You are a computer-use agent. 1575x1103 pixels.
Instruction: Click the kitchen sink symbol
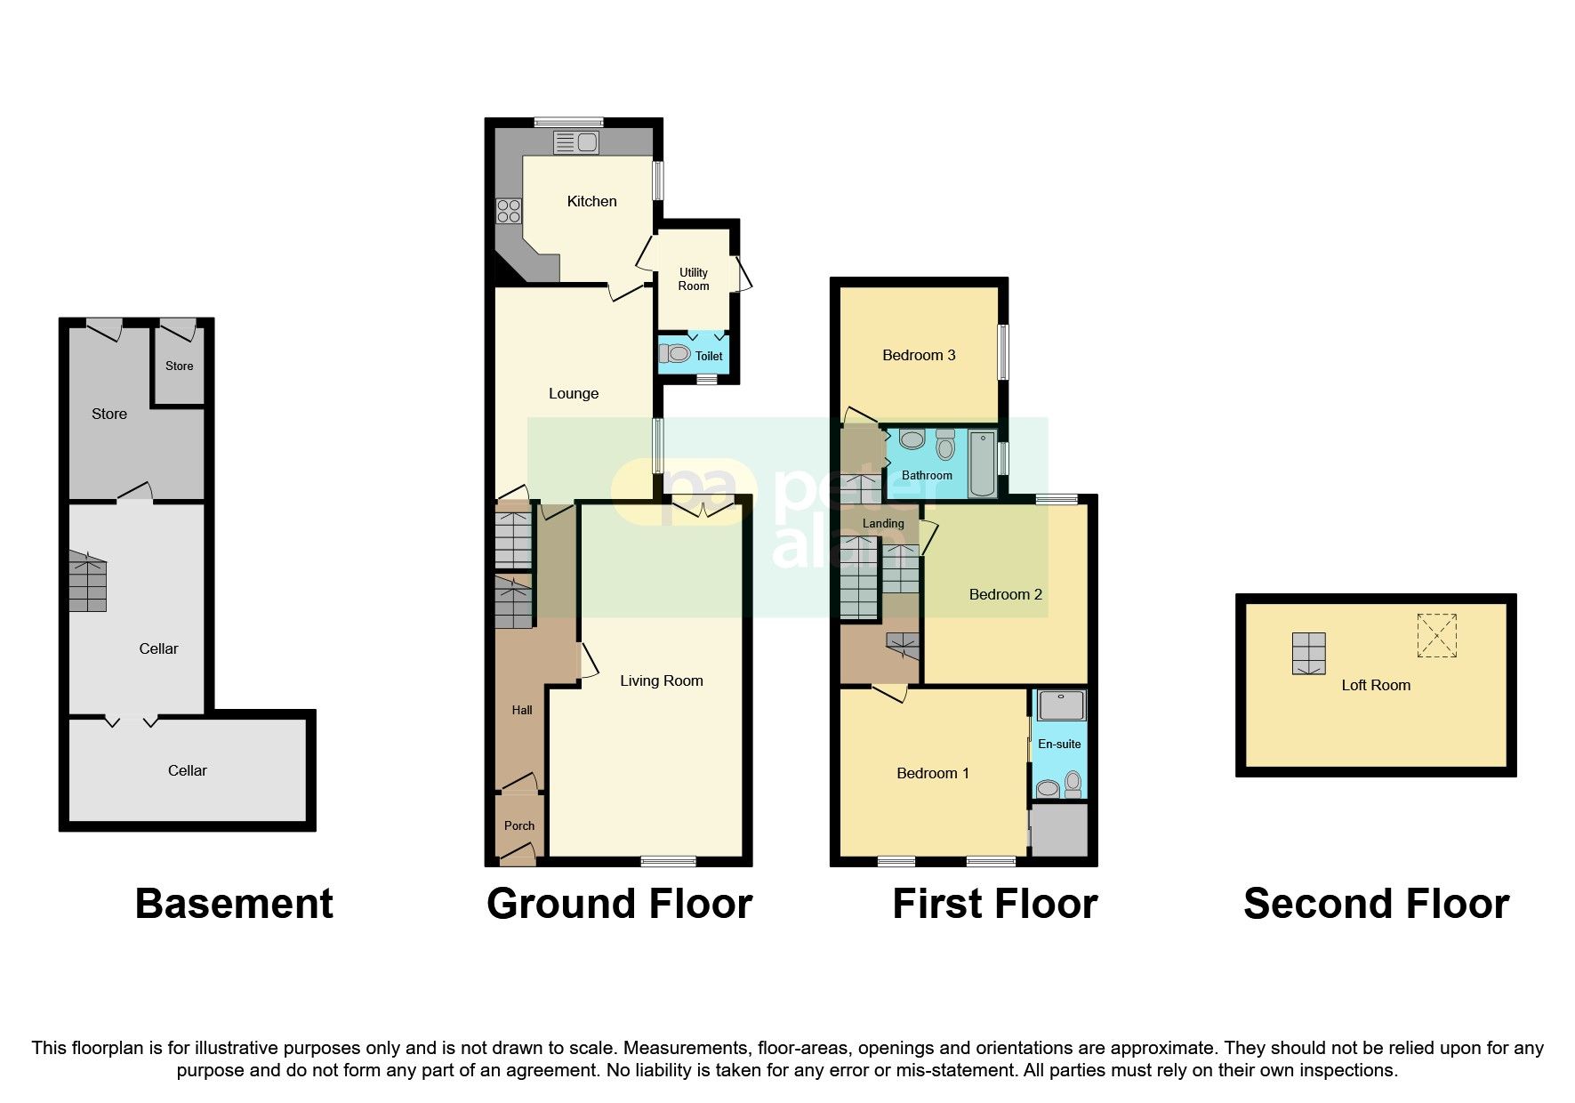[x=575, y=142]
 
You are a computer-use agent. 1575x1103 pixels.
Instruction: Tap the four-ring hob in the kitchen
[x=509, y=211]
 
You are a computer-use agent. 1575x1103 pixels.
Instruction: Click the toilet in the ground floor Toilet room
[x=675, y=354]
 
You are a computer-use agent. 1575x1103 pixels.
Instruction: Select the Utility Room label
[x=694, y=279]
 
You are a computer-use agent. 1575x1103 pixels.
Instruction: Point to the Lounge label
[x=574, y=393]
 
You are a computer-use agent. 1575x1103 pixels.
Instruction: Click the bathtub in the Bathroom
[x=982, y=463]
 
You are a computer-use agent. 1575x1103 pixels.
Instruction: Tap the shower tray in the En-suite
[x=1061, y=705]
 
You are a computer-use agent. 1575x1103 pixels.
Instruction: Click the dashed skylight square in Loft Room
[x=1436, y=635]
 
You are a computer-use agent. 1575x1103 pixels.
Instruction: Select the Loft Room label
[x=1376, y=685]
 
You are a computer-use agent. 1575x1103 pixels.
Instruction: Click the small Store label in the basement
[x=179, y=366]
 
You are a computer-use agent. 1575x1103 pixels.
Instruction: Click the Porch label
[x=519, y=825]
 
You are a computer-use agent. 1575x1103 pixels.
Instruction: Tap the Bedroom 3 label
[x=919, y=355]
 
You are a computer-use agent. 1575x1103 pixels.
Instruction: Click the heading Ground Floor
[x=619, y=904]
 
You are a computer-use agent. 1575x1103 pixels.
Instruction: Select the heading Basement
[x=234, y=904]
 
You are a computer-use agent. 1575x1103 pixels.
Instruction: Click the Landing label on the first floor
[x=883, y=523]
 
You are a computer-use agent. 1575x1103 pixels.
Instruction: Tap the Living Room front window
[x=668, y=860]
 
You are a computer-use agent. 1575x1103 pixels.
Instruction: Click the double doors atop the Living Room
[x=703, y=508]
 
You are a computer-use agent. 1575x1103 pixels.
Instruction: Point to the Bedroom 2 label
[x=1005, y=594]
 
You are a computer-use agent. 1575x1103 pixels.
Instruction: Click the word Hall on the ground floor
[x=522, y=710]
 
